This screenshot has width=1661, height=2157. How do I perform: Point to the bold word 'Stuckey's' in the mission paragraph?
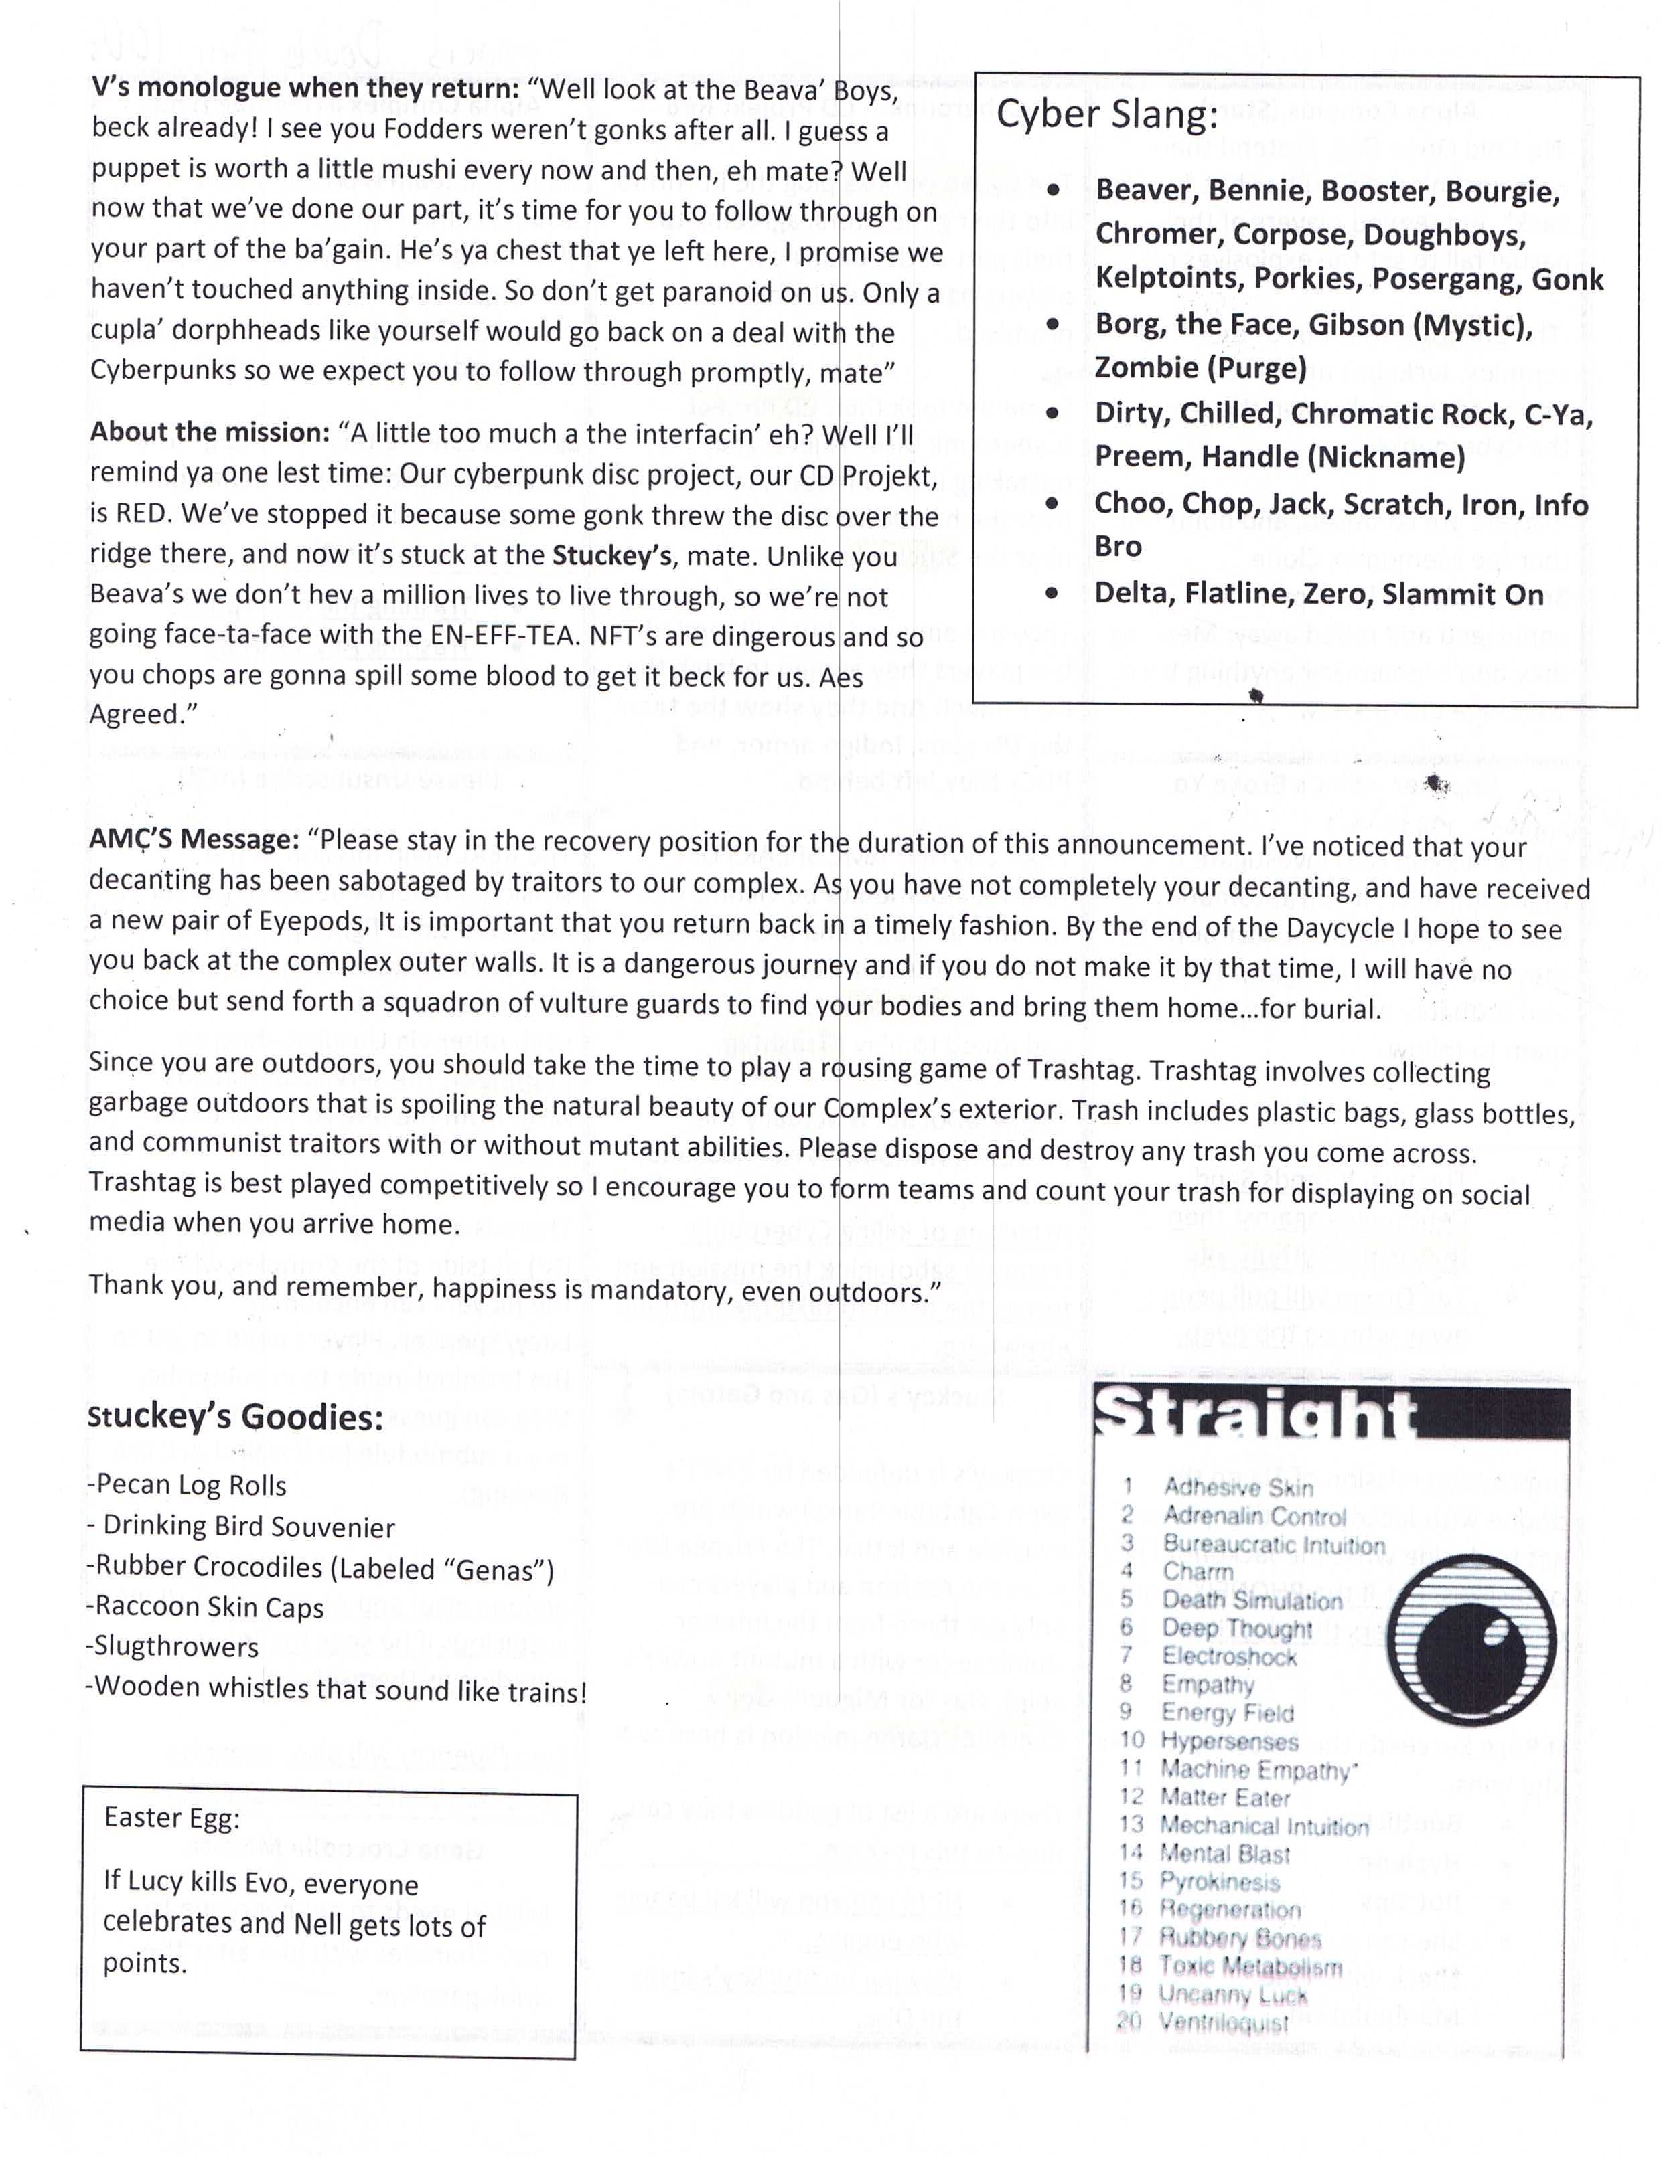point(611,555)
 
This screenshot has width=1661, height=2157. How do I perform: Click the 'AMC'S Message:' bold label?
point(194,839)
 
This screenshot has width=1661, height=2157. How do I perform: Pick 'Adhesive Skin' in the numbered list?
point(1237,1487)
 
